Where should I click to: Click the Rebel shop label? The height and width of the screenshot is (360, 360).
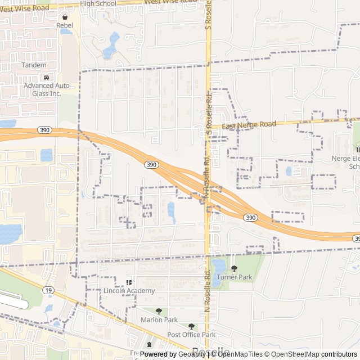pyautogui.click(x=65, y=25)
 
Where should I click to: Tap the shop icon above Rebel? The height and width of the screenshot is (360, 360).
pyautogui.click(x=65, y=17)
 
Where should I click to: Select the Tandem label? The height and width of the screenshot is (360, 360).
pyautogui.click(x=34, y=65)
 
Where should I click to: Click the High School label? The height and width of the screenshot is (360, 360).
pyautogui.click(x=98, y=3)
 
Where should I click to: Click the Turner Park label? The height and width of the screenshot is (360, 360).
pyautogui.click(x=235, y=277)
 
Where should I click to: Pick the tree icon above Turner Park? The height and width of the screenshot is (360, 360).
pyautogui.click(x=235, y=268)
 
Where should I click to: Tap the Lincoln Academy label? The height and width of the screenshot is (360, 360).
pyautogui.click(x=129, y=291)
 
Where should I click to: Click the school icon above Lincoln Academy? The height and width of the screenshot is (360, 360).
pyautogui.click(x=129, y=282)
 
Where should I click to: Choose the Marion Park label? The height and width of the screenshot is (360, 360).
pyautogui.click(x=159, y=320)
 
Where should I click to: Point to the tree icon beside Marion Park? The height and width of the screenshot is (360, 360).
pyautogui.click(x=159, y=311)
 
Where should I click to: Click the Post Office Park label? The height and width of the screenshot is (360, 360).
pyautogui.click(x=191, y=335)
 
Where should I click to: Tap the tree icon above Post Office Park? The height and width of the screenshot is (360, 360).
pyautogui.click(x=191, y=326)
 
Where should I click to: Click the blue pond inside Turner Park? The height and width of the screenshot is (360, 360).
pyautogui.click(x=217, y=268)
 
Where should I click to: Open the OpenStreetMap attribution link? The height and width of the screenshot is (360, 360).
pyautogui.click(x=292, y=354)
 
